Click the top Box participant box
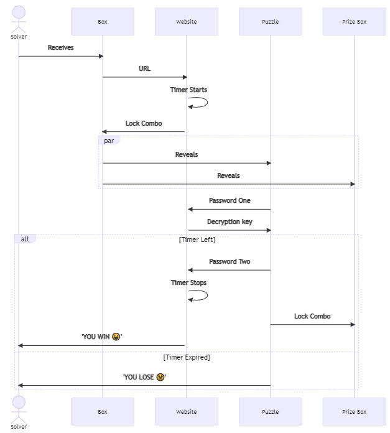coord(103,22)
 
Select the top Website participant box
coord(187,22)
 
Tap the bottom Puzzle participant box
coord(271,411)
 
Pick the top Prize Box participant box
coord(355,22)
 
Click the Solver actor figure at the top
coord(19,19)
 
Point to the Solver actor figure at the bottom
coord(19,409)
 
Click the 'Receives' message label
coord(61,47)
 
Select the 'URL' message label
coord(145,68)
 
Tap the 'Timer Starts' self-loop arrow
coord(207,102)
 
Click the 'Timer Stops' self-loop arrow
coord(207,296)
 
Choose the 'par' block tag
coord(109,141)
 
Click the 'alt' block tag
coord(25,239)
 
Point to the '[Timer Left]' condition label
coord(197,240)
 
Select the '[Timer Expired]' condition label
coord(187,357)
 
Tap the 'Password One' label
coord(230,200)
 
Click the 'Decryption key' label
coord(230,221)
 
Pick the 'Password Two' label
coord(230,261)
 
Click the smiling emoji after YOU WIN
coord(116,337)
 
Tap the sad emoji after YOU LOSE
coord(160,377)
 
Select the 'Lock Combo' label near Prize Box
coord(312,316)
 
